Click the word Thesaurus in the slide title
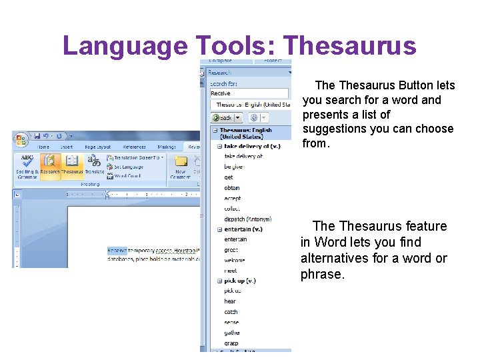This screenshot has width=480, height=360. click(349, 45)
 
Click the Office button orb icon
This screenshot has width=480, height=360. click(21, 141)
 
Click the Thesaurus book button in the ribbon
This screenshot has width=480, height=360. click(72, 165)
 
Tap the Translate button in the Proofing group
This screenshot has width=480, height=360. click(94, 165)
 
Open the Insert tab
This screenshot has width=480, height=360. click(67, 147)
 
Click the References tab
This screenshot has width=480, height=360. click(134, 147)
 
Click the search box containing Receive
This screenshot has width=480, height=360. click(249, 94)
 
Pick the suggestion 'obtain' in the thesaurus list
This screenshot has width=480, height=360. click(232, 188)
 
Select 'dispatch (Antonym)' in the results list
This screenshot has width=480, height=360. click(247, 219)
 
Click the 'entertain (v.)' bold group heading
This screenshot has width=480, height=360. click(243, 229)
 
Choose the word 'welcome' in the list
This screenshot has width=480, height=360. click(235, 260)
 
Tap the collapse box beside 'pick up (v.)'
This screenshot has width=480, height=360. click(219, 281)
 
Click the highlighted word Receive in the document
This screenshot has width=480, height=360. click(117, 251)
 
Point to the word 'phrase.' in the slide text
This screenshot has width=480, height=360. click(323, 274)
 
